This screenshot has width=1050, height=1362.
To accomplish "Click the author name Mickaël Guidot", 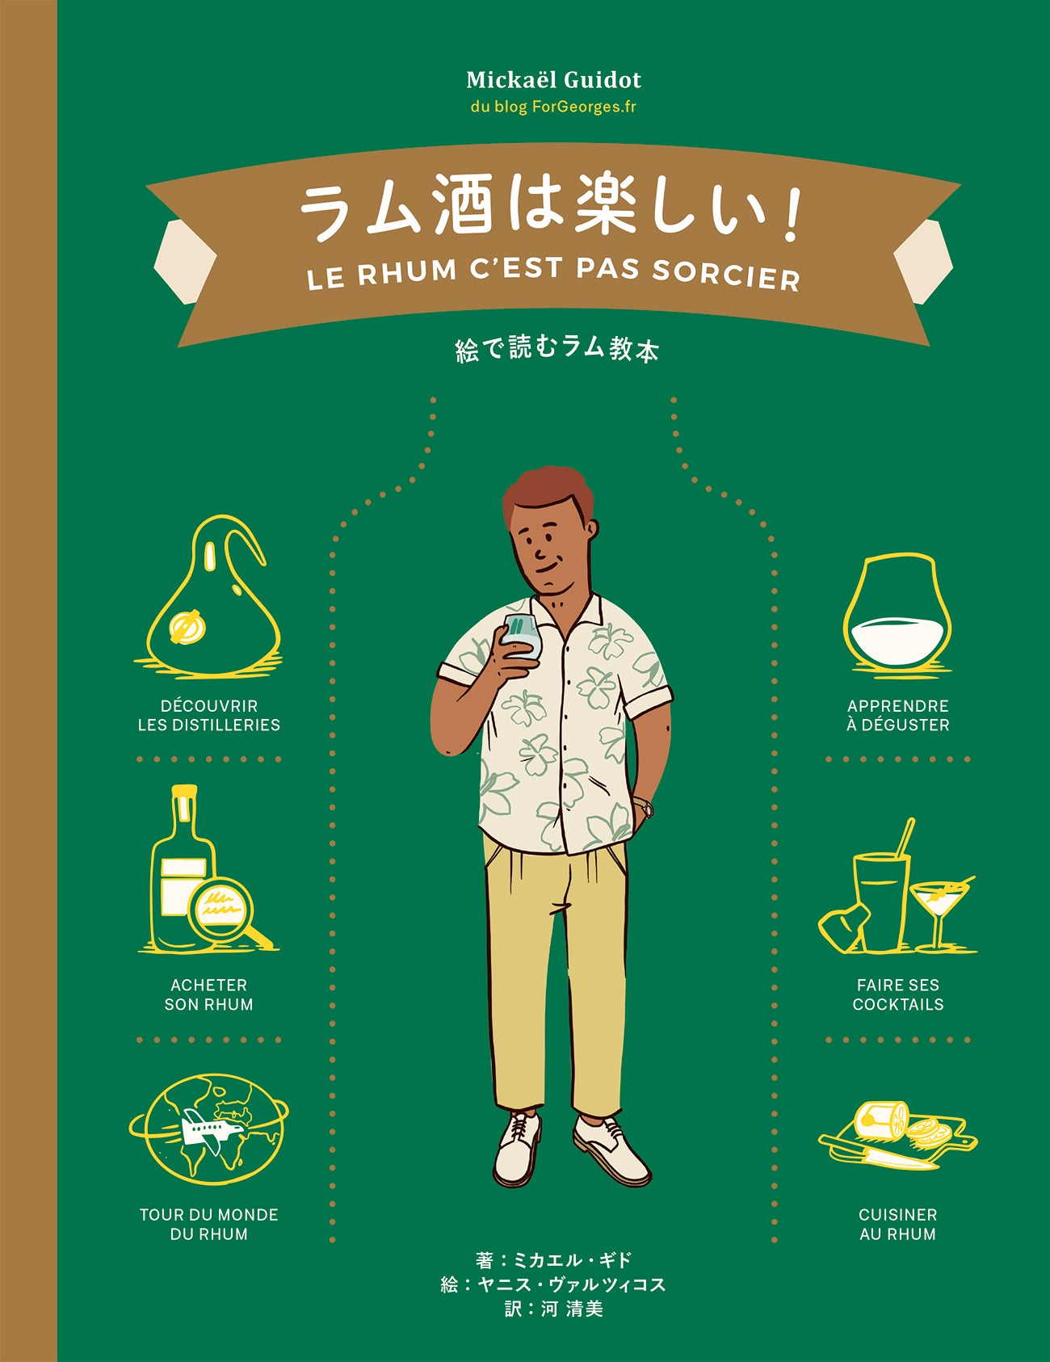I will pyautogui.click(x=553, y=80).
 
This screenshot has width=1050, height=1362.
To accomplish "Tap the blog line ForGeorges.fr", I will pyautogui.click(x=553, y=107).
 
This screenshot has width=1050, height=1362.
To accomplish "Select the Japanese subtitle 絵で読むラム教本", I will pyautogui.click(x=557, y=349).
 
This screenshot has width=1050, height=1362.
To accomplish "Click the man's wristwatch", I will pyautogui.click(x=645, y=806).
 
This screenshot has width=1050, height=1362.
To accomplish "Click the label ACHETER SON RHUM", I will pyautogui.click(x=209, y=994).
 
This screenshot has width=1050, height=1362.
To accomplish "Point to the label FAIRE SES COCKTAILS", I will pyautogui.click(x=898, y=994).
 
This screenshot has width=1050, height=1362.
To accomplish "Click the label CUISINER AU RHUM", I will pyautogui.click(x=898, y=1224).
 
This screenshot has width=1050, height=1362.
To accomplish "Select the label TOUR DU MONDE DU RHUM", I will pyautogui.click(x=209, y=1224).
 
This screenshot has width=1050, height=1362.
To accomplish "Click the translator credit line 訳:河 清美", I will pyautogui.click(x=554, y=1309).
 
